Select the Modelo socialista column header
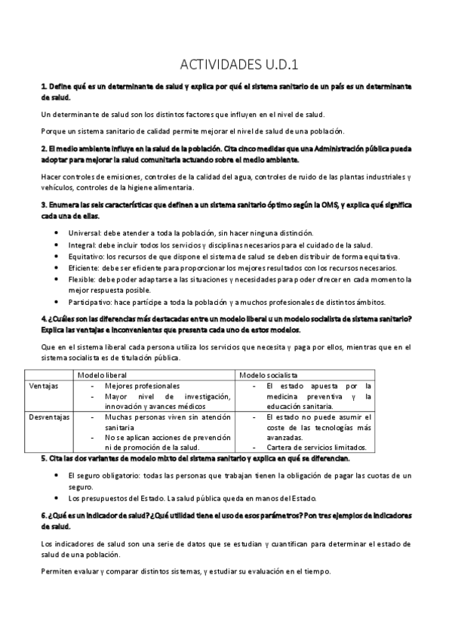[268, 374]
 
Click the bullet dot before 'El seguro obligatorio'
[59, 475]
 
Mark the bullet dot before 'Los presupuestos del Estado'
[59, 498]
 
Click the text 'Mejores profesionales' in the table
[143, 385]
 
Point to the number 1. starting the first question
[43, 88]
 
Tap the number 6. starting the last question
[43, 515]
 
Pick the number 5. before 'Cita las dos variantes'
[43, 458]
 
